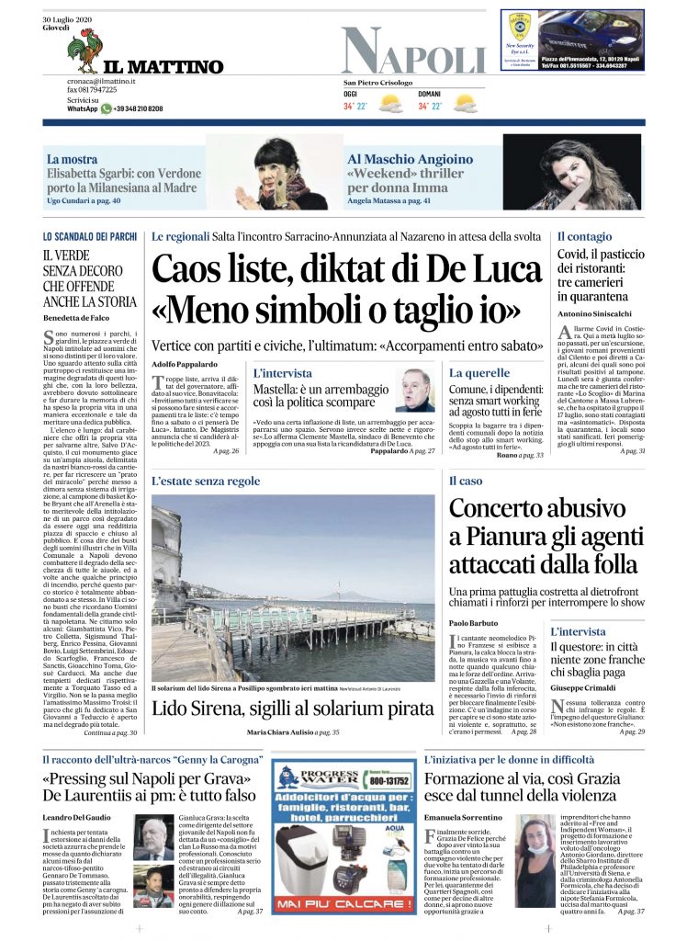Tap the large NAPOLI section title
point(413,51)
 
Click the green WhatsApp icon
point(107,108)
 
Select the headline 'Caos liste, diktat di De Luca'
point(347,268)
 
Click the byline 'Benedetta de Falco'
point(76,317)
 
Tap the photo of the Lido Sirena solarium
point(293,588)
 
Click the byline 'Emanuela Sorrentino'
point(462,816)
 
